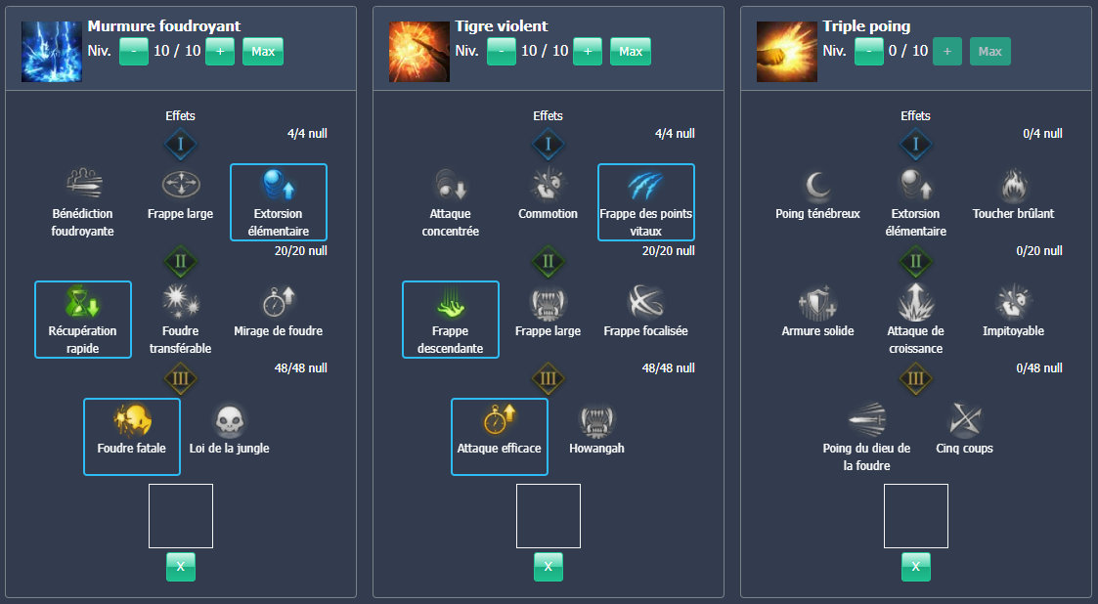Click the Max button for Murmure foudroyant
tap(262, 51)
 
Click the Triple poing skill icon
tap(779, 51)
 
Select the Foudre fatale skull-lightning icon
tap(131, 421)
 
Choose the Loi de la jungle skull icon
tap(230, 421)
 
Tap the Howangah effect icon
tap(597, 421)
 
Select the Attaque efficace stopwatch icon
tap(499, 421)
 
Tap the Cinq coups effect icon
tap(964, 421)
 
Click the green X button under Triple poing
tap(915, 566)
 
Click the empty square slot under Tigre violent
tap(548, 515)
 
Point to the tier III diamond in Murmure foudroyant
tap(180, 379)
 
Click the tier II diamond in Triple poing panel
tap(915, 262)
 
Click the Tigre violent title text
tap(502, 26)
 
